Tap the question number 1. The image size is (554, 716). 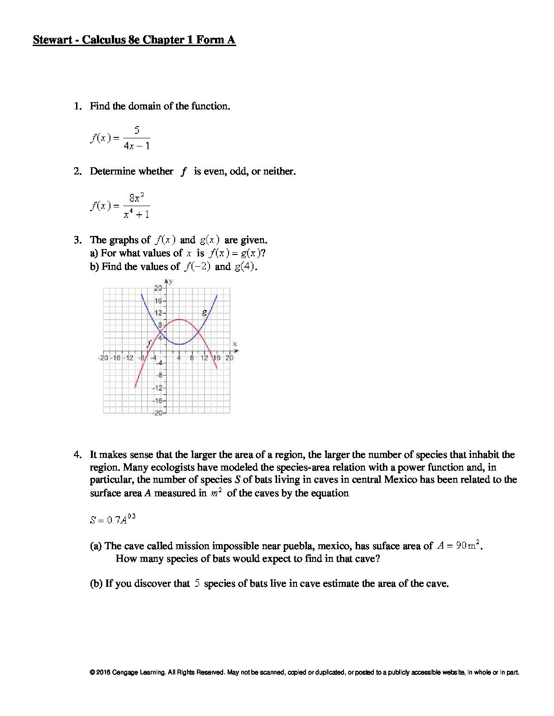[x=77, y=106]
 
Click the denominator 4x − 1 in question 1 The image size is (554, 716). [x=136, y=146]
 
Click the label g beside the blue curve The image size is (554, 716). [x=205, y=311]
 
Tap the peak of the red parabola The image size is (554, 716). [x=179, y=319]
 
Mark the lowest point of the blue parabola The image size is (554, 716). [x=179, y=344]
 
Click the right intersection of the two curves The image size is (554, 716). [x=198, y=332]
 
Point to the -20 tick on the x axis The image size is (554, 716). [x=103, y=358]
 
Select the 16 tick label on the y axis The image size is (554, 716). [x=158, y=301]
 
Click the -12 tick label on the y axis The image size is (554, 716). [x=158, y=388]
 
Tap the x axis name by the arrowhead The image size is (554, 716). [x=234, y=344]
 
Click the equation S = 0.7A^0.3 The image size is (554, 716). [x=113, y=519]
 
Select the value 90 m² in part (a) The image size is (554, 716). [x=467, y=545]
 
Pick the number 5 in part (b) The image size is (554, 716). [x=197, y=583]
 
